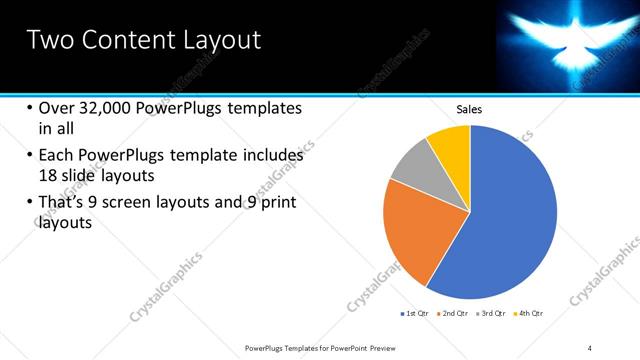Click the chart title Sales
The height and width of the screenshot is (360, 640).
point(470,108)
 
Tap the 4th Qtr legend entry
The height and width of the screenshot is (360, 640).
point(528,313)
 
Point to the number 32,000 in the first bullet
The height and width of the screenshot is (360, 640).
point(106,108)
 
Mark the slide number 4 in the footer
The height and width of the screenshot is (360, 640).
point(590,347)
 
